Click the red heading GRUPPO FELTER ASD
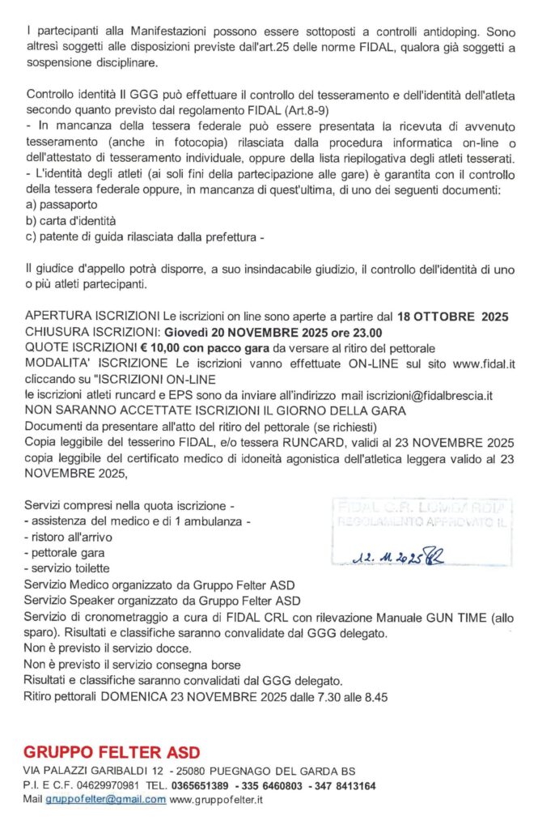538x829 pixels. point(112,752)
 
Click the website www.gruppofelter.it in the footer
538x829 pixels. point(217,799)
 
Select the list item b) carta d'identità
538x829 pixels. point(71,220)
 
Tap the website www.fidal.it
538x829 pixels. point(484,363)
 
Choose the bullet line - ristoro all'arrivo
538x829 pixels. point(70,537)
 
